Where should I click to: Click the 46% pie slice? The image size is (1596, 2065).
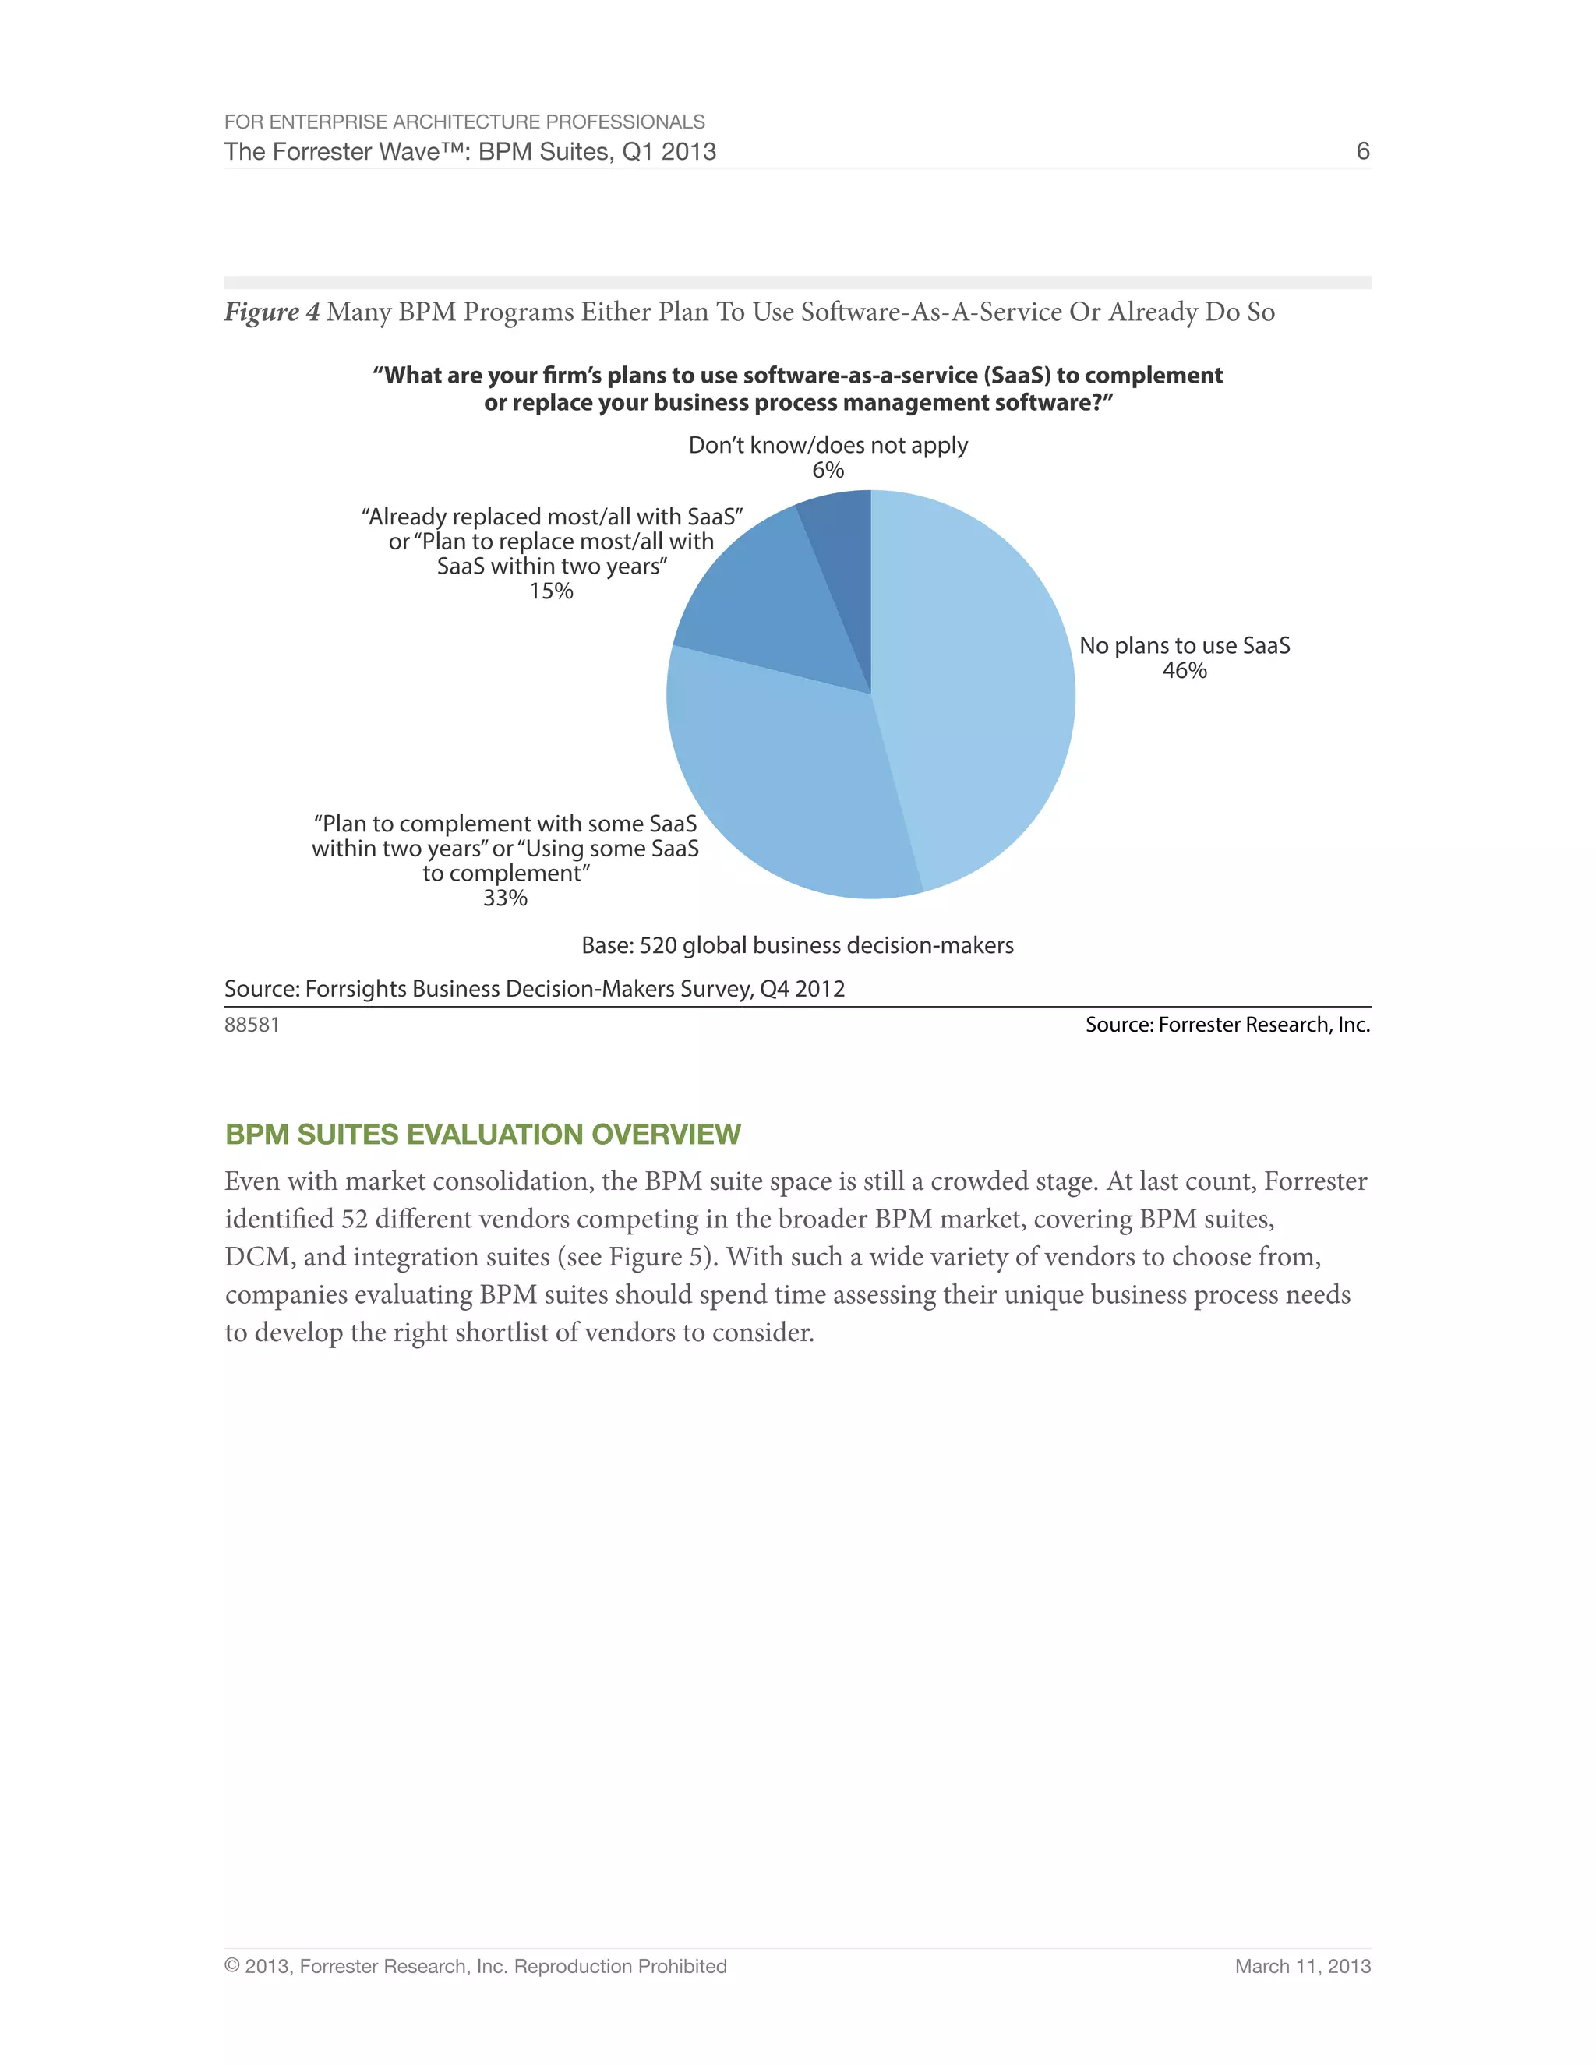(x=974, y=681)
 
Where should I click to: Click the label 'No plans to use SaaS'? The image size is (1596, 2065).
(x=1184, y=646)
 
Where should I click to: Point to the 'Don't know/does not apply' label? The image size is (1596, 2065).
(x=828, y=445)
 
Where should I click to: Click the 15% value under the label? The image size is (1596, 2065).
(x=551, y=591)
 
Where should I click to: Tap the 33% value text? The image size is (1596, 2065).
(x=505, y=898)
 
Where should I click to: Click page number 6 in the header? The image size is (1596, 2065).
(x=1362, y=151)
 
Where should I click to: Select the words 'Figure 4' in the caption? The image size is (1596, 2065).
(x=271, y=312)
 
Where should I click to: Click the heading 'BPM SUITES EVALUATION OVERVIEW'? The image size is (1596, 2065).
(x=482, y=1134)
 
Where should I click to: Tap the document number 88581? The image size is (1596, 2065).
(x=252, y=1025)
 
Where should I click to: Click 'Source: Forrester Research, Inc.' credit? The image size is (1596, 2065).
(x=1227, y=1025)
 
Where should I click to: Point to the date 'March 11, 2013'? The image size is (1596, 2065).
(x=1302, y=1967)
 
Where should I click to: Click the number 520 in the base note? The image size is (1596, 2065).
(x=658, y=945)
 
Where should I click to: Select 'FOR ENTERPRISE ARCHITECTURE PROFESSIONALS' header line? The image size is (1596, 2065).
(x=464, y=122)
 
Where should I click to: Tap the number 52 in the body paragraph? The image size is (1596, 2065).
(x=354, y=1220)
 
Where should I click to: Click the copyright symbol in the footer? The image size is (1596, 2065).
(x=231, y=1967)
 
